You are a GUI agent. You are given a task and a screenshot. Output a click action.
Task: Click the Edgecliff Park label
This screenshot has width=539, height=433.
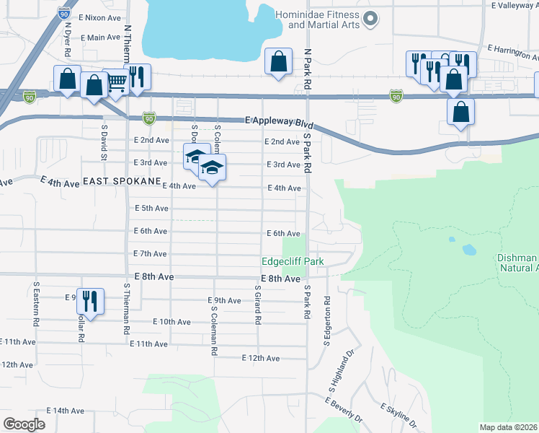[293, 261]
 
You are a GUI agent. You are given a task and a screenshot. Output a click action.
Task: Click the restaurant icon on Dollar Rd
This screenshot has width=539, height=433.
[90, 300]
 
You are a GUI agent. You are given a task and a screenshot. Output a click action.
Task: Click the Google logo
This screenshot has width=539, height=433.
[24, 424]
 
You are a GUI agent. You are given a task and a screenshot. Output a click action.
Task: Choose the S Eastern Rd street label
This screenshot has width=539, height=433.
[35, 304]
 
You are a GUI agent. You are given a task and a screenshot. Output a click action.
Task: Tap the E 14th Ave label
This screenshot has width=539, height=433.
[66, 411]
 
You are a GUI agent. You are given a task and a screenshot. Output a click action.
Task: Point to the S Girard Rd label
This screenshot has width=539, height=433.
[257, 305]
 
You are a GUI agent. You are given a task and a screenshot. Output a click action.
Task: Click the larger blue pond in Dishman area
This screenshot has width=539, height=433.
[469, 250]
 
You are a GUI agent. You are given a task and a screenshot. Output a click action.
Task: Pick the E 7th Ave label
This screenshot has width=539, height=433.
[151, 254]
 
